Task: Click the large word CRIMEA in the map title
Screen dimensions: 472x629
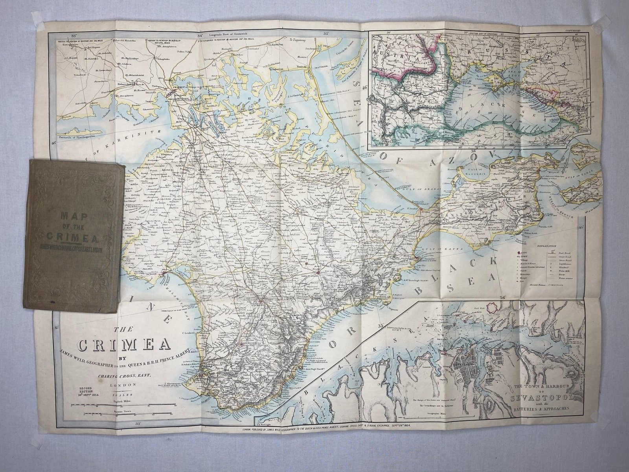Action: pyautogui.click(x=124, y=345)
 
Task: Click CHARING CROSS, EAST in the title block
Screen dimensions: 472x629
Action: pyautogui.click(x=120, y=375)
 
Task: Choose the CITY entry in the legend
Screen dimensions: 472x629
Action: pyautogui.click(x=525, y=251)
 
